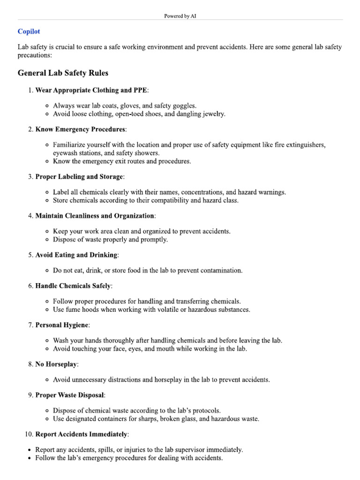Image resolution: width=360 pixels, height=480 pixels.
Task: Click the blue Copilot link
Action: [x=29, y=31]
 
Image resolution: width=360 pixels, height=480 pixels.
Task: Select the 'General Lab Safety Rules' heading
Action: [x=63, y=73]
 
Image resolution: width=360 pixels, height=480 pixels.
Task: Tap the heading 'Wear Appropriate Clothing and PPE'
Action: [x=91, y=90]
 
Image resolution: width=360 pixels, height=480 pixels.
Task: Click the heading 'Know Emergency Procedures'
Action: [x=80, y=129]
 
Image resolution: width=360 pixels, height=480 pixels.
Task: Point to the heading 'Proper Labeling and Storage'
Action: [x=79, y=177]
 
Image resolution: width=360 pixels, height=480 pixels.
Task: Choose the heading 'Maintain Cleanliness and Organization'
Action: [x=95, y=216]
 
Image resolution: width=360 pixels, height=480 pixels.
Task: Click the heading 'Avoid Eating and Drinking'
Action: [x=76, y=255]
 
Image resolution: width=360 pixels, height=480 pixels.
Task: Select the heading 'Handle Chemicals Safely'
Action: [x=73, y=285]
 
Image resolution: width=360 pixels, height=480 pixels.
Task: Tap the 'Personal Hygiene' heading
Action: [x=62, y=325]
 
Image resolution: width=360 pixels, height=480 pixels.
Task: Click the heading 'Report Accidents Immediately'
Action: [x=81, y=435]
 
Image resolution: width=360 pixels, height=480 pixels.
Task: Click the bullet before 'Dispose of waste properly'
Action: [x=48, y=240]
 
